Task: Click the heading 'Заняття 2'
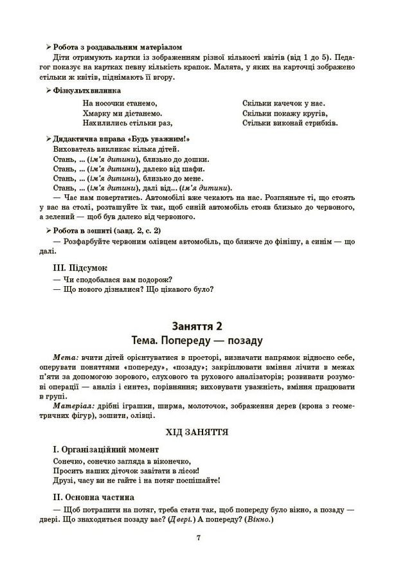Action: tap(206, 327)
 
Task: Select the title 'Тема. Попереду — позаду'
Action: tap(206, 341)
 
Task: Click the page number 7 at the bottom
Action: tap(206, 538)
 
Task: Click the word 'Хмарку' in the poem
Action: tap(98, 113)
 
